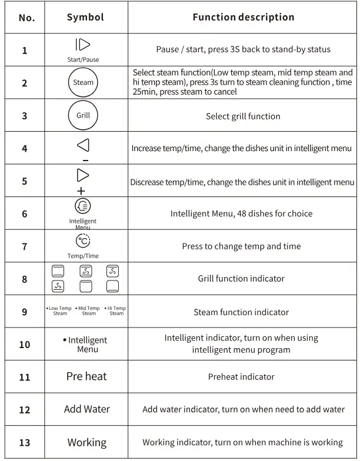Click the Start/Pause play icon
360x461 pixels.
click(x=83, y=45)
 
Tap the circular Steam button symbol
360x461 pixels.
click(x=83, y=82)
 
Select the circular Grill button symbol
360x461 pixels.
click(x=83, y=115)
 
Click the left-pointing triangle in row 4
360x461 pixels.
click(x=84, y=145)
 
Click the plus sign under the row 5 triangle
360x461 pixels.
click(x=81, y=191)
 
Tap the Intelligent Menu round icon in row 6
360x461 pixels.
click(x=83, y=206)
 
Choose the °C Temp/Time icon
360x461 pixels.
click(x=83, y=241)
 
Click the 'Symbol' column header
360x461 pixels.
click(x=85, y=17)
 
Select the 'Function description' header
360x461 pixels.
click(x=243, y=17)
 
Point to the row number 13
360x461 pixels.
click(x=25, y=442)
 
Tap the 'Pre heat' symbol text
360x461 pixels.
click(x=86, y=376)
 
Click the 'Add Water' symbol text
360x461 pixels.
click(x=86, y=409)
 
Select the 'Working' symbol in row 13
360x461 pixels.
click(x=86, y=442)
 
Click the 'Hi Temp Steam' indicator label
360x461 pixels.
click(x=115, y=311)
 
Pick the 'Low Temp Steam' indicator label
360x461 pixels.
click(x=59, y=311)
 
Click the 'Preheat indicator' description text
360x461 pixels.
click(x=241, y=377)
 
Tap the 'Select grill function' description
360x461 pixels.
click(x=243, y=116)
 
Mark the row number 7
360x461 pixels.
click(x=25, y=246)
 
